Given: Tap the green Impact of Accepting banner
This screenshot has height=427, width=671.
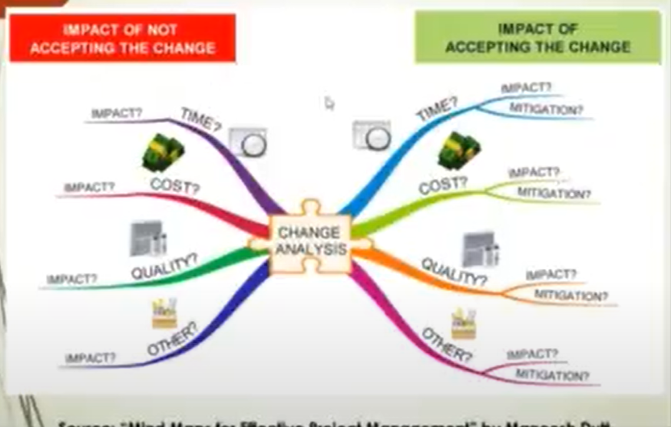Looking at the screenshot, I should tap(537, 38).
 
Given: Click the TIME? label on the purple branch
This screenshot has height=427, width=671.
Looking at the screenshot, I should tap(200, 120).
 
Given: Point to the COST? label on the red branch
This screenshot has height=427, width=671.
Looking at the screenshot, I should tap(175, 186).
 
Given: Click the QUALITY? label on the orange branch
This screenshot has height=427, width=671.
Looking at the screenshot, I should tap(454, 271).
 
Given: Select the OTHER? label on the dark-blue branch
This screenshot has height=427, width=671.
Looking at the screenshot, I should tap(171, 340).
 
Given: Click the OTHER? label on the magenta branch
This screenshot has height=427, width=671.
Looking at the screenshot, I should tap(447, 345).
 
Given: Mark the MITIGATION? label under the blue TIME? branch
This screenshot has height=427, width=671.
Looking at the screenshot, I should tap(546, 109).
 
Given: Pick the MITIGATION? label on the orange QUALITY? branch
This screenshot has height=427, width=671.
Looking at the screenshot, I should tap(571, 295).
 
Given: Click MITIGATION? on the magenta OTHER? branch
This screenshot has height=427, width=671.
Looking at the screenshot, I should tap(552, 375).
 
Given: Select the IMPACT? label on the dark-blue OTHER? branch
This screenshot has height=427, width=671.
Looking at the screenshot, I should tap(90, 357).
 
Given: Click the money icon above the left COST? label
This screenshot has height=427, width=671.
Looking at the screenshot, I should tap(163, 152).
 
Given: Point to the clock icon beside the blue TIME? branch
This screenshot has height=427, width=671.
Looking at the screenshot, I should tap(372, 135).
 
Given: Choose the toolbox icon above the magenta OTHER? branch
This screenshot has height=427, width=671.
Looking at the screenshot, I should tap(464, 324).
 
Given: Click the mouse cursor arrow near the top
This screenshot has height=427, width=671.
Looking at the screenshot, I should tap(329, 104).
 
